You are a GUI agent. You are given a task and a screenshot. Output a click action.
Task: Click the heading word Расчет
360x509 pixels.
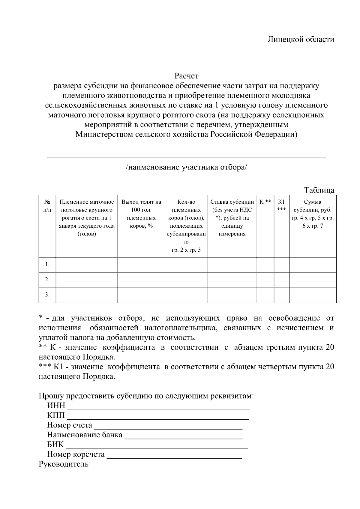[x=186, y=76]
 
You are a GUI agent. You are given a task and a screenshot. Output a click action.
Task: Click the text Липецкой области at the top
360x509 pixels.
[x=301, y=39]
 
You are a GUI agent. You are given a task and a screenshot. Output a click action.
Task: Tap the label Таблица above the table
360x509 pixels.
[x=319, y=190]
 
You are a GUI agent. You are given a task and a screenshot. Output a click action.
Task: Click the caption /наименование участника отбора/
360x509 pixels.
[x=186, y=167]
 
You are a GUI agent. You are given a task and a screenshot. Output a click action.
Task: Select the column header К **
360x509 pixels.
[x=265, y=202]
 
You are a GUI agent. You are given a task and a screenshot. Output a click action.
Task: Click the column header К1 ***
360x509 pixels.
[x=281, y=205]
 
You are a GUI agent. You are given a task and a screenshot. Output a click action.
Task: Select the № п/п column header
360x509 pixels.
[x=47, y=206]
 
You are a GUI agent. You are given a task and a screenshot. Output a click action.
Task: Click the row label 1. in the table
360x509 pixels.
[x=47, y=265]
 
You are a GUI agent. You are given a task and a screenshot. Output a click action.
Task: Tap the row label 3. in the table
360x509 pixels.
[x=47, y=295]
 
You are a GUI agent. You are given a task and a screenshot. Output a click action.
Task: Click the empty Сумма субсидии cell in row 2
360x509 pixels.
[x=312, y=280]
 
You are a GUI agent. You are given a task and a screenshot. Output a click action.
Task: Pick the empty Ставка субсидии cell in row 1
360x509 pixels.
[x=232, y=265]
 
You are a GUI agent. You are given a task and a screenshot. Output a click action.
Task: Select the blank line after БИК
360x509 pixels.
[x=156, y=447]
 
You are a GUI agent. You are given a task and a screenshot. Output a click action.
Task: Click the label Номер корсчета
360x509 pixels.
[x=76, y=454]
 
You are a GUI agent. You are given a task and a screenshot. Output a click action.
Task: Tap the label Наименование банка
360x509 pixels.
[x=85, y=435]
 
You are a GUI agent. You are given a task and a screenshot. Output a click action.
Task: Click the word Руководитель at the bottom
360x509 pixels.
[x=64, y=464]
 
